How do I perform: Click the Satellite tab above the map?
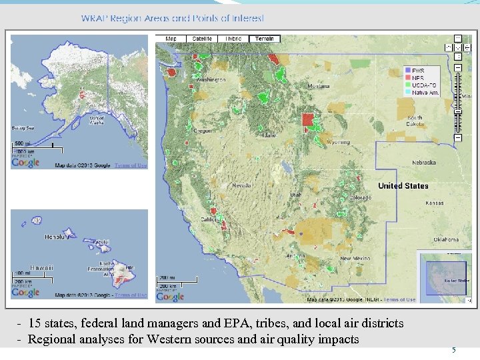(202, 39)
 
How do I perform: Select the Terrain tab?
(265, 39)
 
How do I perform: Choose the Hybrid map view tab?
(233, 39)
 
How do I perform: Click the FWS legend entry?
(418, 71)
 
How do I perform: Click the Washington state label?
(211, 80)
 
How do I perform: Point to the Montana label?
(319, 86)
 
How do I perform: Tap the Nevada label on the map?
(241, 186)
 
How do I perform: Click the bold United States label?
(403, 186)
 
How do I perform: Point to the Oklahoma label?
(446, 239)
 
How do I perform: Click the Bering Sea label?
(23, 127)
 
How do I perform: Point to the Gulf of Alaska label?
(97, 121)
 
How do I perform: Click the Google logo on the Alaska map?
(26, 162)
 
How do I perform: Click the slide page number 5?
(454, 350)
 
